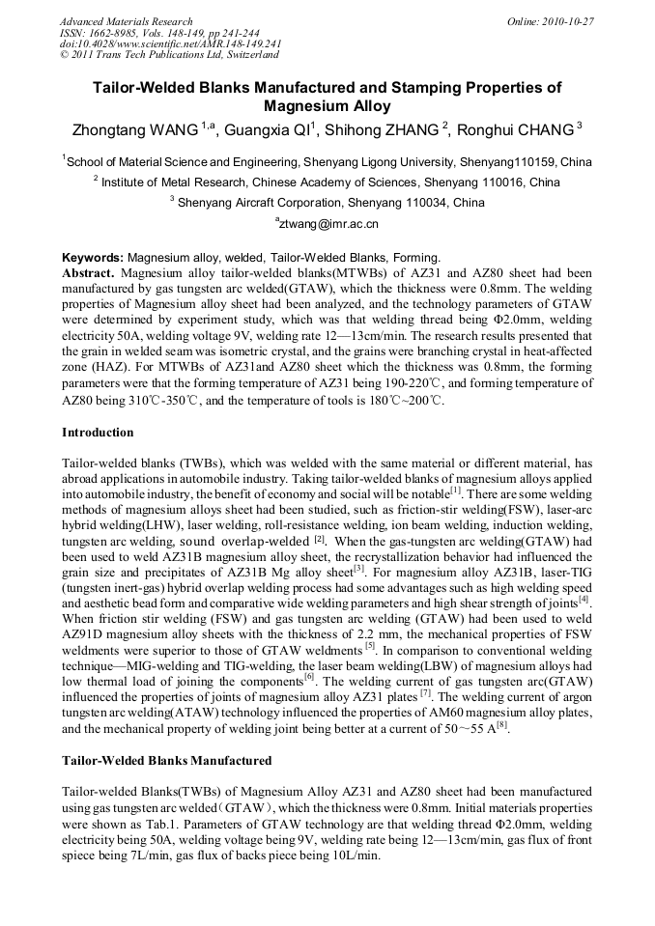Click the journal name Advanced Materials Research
coord(126,21)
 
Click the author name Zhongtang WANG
coord(134,129)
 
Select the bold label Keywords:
coord(93,258)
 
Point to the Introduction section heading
coord(98,432)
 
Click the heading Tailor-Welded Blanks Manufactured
coord(166,761)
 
